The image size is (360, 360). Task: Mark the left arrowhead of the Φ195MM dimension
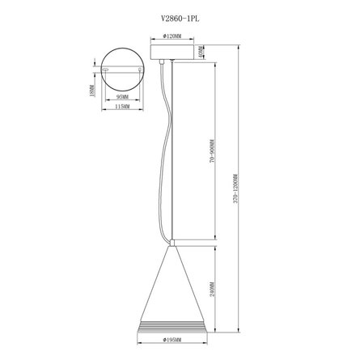tap(136, 341)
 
